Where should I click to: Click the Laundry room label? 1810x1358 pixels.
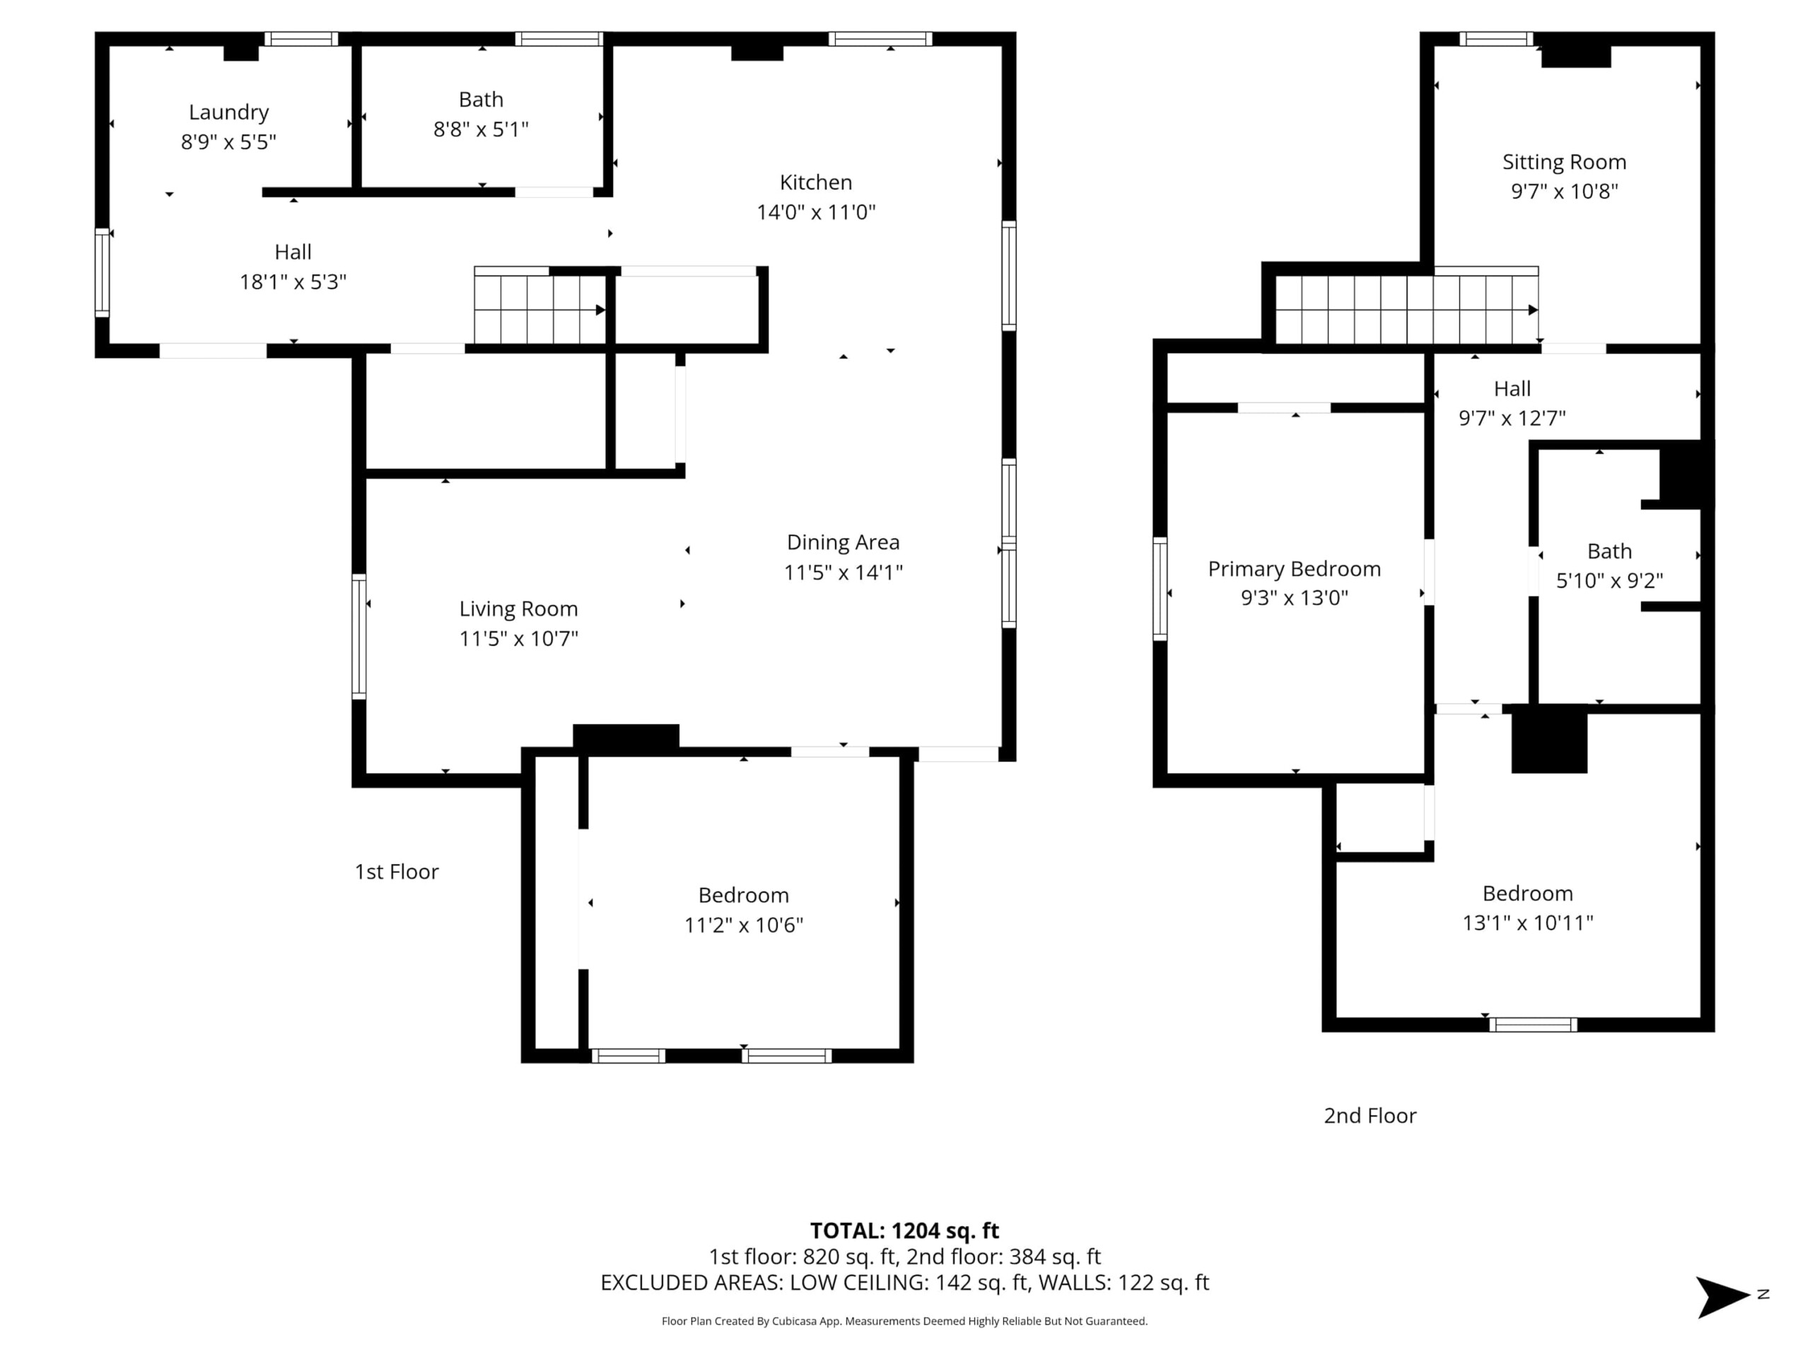(228, 112)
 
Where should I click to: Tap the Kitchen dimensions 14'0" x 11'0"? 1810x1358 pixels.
(816, 212)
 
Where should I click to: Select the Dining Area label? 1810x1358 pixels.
(843, 542)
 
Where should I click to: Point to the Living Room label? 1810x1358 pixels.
(518, 608)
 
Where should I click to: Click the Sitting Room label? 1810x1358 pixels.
(1564, 162)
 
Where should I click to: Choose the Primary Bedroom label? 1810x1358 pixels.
(1294, 569)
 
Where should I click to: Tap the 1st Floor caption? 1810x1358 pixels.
(396, 872)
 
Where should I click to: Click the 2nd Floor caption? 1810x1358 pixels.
(1370, 1115)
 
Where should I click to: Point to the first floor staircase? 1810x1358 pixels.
(541, 309)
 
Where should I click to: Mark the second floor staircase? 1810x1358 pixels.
(1408, 309)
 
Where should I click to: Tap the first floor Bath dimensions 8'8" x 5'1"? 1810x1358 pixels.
(481, 129)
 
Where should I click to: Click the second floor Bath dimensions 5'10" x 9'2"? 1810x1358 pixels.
(1608, 581)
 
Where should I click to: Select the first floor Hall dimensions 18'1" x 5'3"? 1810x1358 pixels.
(293, 282)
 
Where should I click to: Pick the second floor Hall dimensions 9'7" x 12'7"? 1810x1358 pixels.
(1512, 418)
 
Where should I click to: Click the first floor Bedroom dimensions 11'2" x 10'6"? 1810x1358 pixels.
(744, 925)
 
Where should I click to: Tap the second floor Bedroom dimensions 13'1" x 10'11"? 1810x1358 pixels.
(1528, 922)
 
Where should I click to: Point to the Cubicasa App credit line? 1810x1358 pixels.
(904, 1321)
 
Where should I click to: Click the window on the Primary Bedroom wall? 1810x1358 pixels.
(1160, 588)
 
